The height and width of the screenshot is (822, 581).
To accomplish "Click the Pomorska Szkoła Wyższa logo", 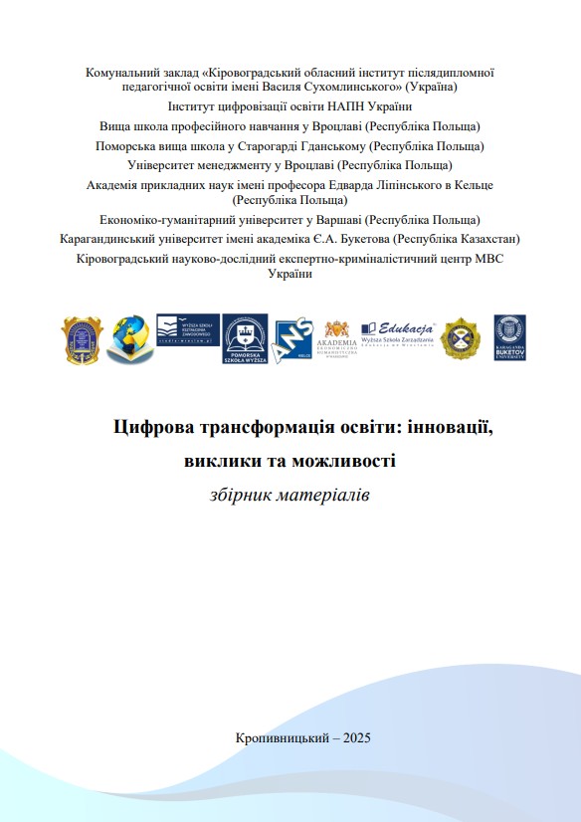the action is [245, 339].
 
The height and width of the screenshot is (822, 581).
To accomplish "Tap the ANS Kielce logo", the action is [292, 339].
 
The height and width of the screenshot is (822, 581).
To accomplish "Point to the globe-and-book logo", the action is [129, 338].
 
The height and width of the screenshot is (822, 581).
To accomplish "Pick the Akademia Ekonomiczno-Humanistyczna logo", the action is [336, 342].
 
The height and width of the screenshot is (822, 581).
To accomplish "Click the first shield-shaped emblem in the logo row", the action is [82, 338].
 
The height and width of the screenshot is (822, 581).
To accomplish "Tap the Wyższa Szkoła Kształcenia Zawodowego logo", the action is [186, 329].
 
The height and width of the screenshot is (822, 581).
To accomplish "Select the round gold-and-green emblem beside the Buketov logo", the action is [461, 338].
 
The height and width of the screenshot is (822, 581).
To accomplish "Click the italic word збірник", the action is [245, 495].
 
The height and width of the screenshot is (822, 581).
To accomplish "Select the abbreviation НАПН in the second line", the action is [322, 106].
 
